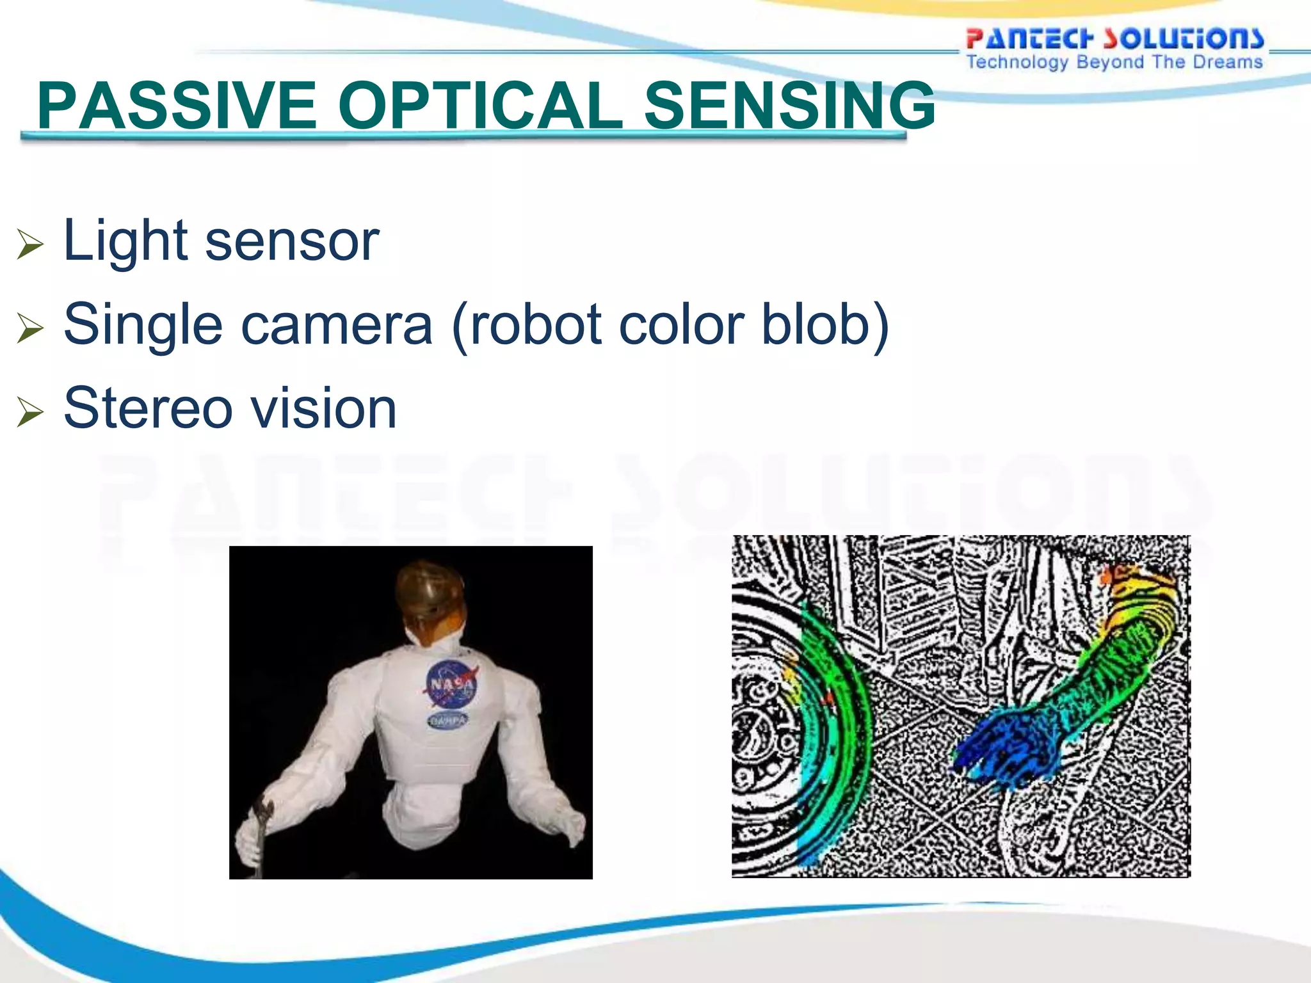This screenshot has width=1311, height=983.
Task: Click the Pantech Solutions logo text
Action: (x=1114, y=38)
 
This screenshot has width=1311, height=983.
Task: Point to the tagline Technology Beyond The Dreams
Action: (x=1114, y=62)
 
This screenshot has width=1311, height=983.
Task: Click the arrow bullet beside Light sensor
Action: (x=29, y=244)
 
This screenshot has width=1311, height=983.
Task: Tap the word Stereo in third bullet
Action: (x=148, y=408)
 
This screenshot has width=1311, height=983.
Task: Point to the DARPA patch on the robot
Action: (x=447, y=721)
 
